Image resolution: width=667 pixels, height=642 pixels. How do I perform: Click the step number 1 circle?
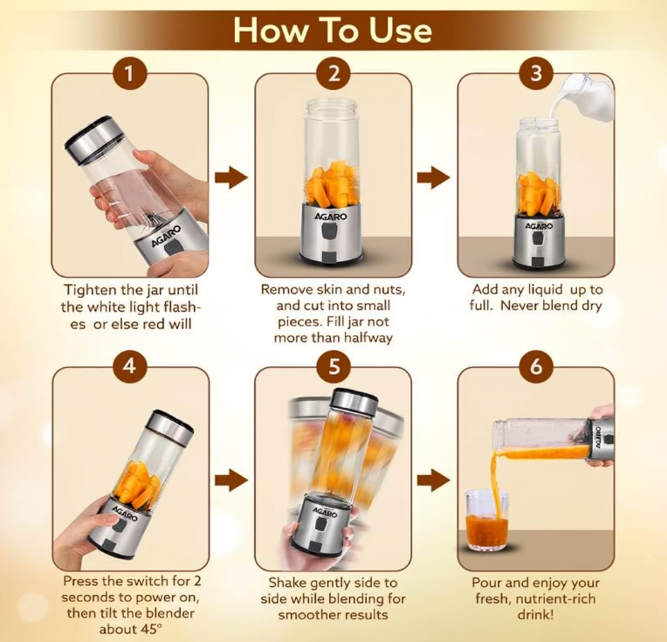[x=130, y=73]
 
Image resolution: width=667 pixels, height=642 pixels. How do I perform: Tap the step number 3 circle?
[x=536, y=73]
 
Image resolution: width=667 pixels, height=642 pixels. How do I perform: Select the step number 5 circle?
[x=333, y=366]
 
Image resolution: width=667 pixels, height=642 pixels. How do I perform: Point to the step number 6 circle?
[x=536, y=366]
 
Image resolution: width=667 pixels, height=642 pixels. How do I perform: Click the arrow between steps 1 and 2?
[x=231, y=177]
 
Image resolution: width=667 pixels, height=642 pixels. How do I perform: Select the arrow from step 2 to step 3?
[x=434, y=177]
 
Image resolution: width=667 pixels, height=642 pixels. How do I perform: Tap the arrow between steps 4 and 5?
[x=231, y=480]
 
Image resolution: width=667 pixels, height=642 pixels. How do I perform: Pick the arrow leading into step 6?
[x=434, y=480]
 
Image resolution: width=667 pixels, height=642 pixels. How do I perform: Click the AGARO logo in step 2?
[x=331, y=217]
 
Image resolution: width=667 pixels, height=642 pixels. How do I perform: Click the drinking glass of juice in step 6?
[x=486, y=520]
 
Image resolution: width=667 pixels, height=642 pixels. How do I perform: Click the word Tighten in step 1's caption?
[x=91, y=290]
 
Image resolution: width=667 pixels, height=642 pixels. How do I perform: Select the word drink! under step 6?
[x=535, y=615]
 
